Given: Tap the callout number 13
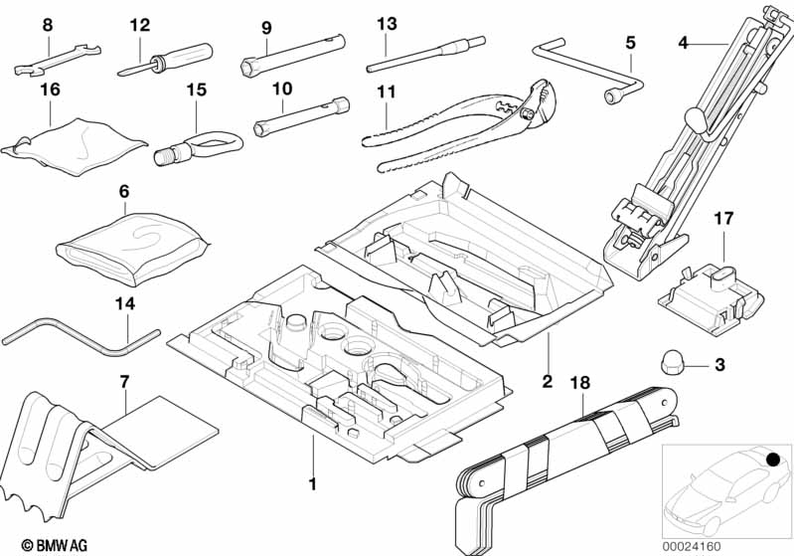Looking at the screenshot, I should pyautogui.click(x=387, y=23).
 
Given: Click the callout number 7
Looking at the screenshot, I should pyautogui.click(x=124, y=381).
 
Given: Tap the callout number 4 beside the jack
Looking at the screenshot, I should pyautogui.click(x=683, y=42).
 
